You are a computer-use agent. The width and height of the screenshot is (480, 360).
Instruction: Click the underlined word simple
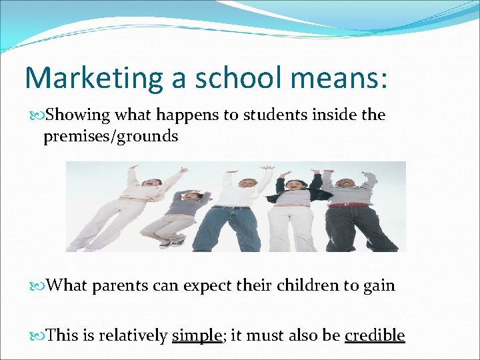(197, 335)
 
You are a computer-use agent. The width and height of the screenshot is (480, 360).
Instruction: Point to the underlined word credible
(375, 335)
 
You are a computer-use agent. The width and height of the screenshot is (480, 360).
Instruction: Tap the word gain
(379, 286)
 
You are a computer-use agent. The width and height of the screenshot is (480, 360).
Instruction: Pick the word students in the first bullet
(271, 115)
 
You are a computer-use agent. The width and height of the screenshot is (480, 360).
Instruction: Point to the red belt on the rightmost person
(348, 205)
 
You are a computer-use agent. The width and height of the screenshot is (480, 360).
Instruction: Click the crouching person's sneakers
(173, 243)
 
